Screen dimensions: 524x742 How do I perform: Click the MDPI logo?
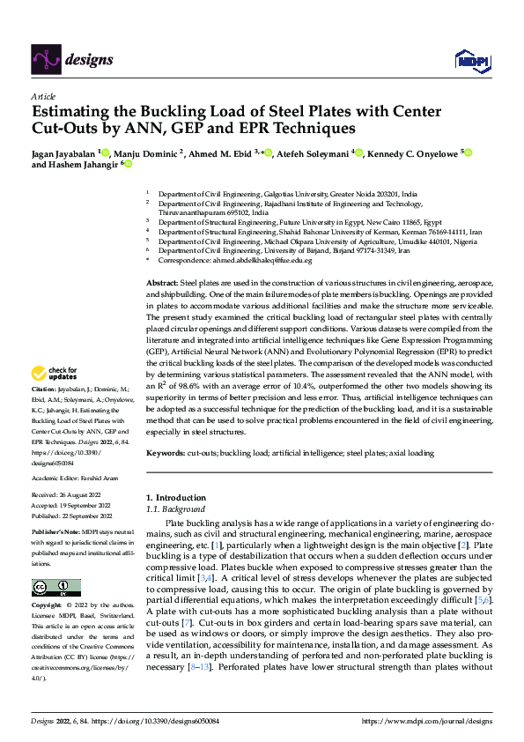(471, 60)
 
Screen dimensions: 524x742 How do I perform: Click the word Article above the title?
(43, 96)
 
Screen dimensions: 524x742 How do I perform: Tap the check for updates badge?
(55, 398)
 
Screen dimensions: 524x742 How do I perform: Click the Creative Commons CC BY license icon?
(55, 588)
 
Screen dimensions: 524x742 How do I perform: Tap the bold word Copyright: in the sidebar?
(48, 606)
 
